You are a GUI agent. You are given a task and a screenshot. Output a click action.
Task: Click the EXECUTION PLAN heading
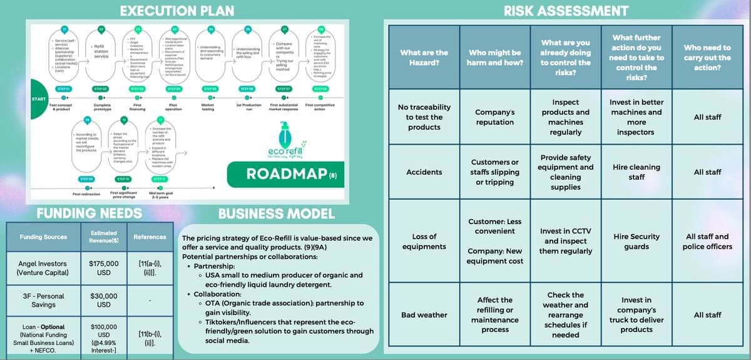click(177, 10)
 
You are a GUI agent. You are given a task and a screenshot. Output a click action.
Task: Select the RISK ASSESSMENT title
click(566, 10)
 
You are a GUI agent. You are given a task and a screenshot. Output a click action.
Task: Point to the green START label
click(38, 100)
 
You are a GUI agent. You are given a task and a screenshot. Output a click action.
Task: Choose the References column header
click(150, 237)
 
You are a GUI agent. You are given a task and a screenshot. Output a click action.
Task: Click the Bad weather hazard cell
click(424, 315)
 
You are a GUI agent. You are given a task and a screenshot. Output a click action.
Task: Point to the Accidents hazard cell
click(424, 172)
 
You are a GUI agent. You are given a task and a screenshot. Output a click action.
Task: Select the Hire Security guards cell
click(636, 241)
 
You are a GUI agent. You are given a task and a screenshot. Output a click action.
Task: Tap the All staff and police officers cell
click(707, 241)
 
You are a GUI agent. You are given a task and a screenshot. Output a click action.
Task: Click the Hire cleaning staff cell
click(636, 172)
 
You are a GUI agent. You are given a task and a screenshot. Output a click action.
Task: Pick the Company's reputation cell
click(494, 117)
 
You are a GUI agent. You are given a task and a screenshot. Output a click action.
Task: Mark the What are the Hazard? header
click(424, 58)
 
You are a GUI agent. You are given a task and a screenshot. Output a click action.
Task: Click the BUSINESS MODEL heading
click(276, 214)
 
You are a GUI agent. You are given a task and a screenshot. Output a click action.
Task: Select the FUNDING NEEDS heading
click(89, 213)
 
